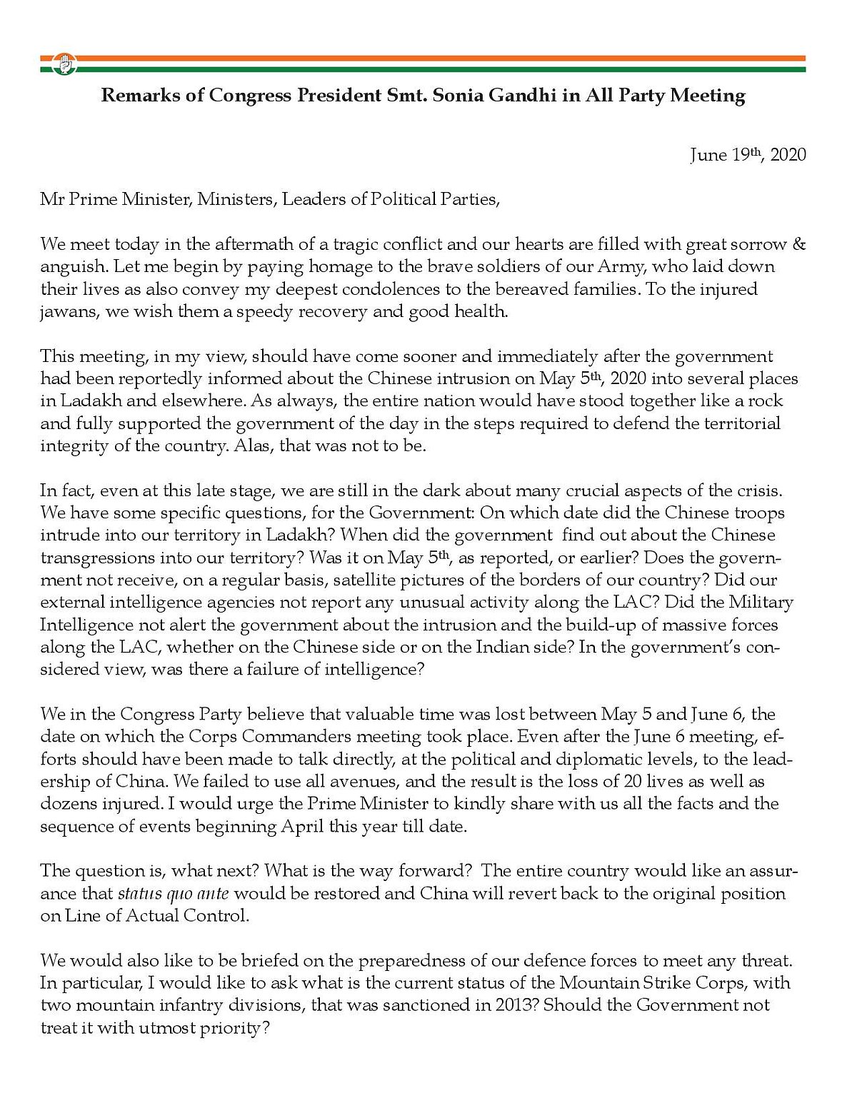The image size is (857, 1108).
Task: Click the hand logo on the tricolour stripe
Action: pyautogui.click(x=64, y=64)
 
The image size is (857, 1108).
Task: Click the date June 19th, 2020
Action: pyautogui.click(x=748, y=155)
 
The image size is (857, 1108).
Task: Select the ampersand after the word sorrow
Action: pyautogui.click(x=799, y=244)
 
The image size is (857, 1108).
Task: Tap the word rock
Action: pyautogui.click(x=765, y=401)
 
